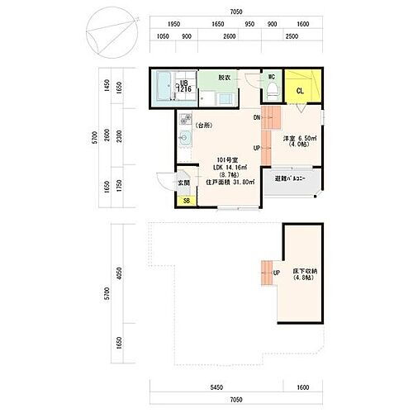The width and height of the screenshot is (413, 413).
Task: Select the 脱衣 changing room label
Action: (x=224, y=78)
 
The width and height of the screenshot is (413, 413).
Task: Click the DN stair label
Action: (x=257, y=118)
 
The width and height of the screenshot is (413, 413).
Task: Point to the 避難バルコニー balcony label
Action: (x=291, y=178)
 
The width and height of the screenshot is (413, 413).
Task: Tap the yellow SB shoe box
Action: (x=187, y=201)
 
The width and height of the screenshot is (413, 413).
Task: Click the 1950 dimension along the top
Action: (x=173, y=25)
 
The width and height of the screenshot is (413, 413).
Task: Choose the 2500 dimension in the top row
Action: (x=292, y=36)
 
